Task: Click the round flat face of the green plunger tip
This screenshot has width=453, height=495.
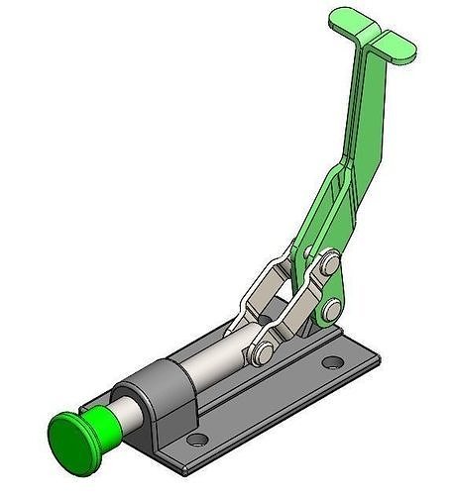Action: click(70, 434)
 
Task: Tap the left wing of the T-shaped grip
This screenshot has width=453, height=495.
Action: click(344, 18)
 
